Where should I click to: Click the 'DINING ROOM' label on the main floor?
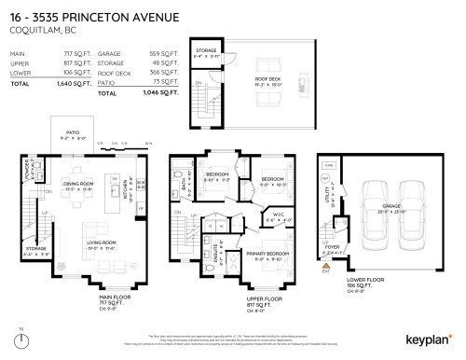click(77, 185)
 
